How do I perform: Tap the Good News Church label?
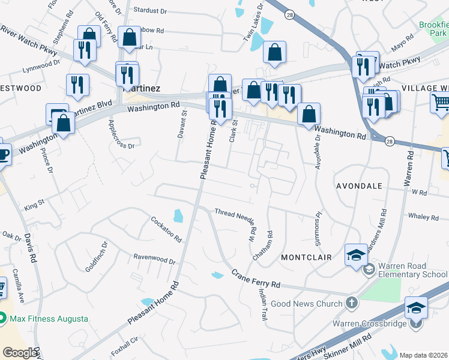click(306, 304)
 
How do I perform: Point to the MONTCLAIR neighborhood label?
click(306, 257)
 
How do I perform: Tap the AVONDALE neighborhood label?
click(359, 186)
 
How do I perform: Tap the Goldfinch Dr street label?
click(96, 257)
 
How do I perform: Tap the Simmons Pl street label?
click(319, 226)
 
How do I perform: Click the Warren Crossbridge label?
click(370, 324)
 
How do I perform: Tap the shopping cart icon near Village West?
click(440, 104)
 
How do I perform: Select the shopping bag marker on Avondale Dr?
click(309, 114)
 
